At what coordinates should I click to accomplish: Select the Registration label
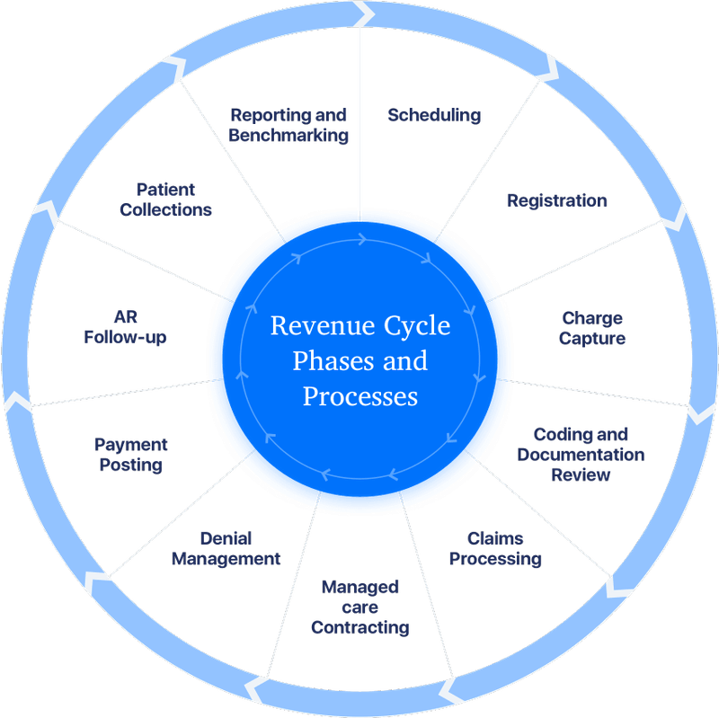[555, 199]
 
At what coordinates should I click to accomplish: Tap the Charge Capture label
[592, 328]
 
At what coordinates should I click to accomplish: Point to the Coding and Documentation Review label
[581, 454]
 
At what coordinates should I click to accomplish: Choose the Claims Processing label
[495, 548]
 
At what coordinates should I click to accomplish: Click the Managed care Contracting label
[360, 607]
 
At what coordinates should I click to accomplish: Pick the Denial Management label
[226, 548]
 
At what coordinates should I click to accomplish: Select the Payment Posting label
[131, 454]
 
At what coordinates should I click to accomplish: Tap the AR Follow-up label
[126, 327]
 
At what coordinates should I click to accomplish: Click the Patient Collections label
[166, 199]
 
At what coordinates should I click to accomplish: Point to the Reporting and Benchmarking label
[288, 125]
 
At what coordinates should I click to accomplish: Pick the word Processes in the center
[360, 396]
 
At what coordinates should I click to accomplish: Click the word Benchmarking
[288, 136]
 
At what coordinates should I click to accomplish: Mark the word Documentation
[581, 455]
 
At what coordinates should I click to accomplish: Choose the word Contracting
[360, 627]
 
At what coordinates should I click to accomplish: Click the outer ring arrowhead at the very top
[362, 13]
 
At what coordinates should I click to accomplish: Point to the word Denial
[226, 538]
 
